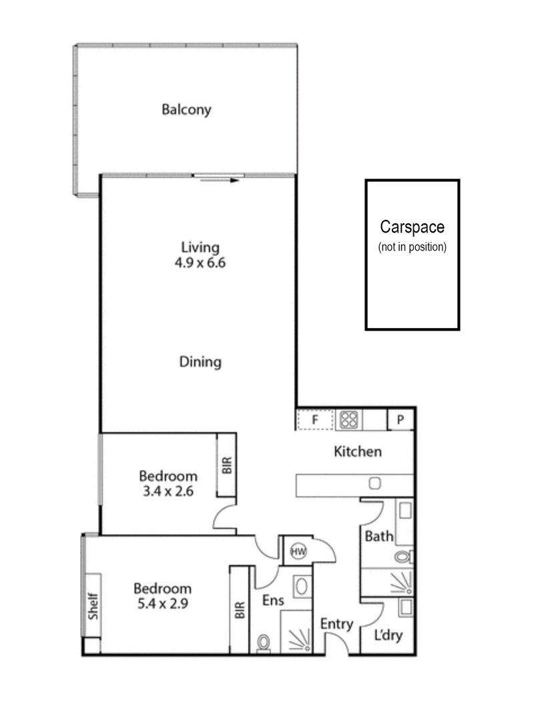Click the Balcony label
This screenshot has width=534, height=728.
tap(186, 109)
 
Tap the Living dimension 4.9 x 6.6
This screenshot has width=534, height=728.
tap(200, 263)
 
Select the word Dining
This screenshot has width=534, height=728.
tap(200, 362)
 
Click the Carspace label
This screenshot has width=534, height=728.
tap(413, 227)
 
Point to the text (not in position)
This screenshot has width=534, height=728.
tap(413, 247)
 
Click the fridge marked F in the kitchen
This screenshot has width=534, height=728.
tap(315, 420)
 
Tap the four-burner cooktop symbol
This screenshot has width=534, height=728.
tap(349, 420)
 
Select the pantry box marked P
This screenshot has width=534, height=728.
tap(400, 420)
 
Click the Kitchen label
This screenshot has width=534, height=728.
tap(358, 451)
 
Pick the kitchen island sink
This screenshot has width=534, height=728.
tap(374, 483)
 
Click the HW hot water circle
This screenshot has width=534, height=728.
tap(298, 551)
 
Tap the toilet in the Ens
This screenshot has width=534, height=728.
tap(264, 643)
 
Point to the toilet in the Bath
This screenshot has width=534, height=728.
tap(403, 556)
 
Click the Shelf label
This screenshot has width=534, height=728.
tap(93, 606)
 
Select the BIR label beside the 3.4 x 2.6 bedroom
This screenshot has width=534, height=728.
tap(227, 466)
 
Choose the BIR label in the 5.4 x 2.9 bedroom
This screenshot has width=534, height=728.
tap(240, 609)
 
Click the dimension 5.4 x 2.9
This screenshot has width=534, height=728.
tap(163, 604)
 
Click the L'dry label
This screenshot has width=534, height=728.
tap(388, 635)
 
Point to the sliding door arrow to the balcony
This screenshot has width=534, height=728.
tap(220, 180)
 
